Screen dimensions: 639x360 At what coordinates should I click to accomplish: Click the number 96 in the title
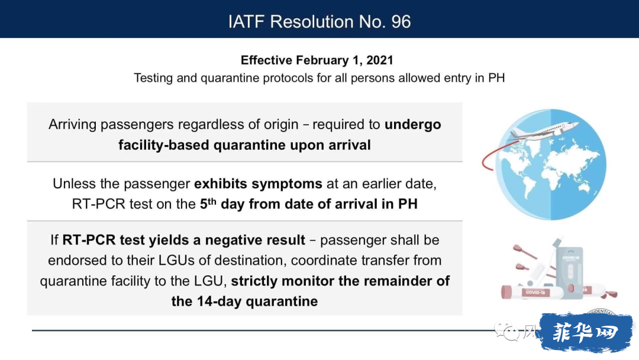coord(401,21)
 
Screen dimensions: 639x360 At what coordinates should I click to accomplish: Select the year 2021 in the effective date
coord(379,60)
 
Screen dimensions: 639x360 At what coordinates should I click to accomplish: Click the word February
coord(322,60)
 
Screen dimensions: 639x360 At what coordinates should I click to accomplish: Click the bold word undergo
coord(412,125)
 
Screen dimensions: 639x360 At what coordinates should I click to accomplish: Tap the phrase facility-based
coord(164,145)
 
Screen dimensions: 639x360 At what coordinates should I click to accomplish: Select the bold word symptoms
coord(287,184)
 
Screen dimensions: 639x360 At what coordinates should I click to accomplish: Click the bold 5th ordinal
coord(208,204)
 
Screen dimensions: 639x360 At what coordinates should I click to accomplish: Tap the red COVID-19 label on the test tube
coord(535,292)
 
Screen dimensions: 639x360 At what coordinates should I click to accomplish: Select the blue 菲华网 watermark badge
coord(586,332)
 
